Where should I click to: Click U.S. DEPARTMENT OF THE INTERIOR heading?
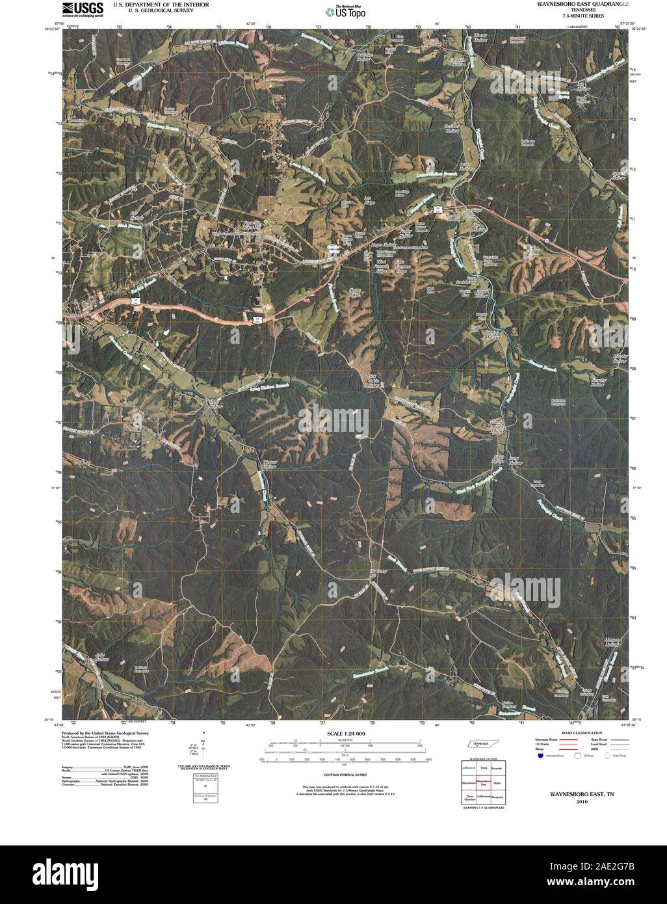pos(160,4)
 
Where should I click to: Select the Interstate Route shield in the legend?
pos(540,756)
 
